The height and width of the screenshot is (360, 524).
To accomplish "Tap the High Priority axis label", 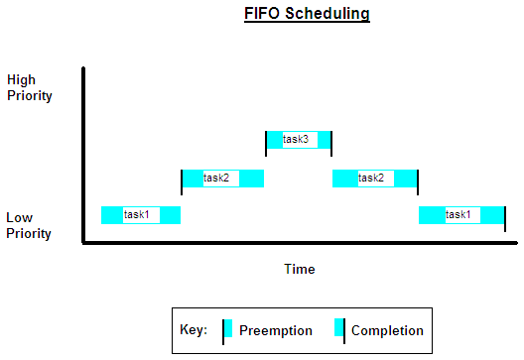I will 29,87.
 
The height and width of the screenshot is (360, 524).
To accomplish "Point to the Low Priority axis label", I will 29,226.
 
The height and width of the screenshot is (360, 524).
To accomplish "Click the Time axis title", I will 299,269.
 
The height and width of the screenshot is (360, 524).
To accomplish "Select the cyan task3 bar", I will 299,140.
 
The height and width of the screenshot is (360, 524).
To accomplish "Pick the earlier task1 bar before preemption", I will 141,214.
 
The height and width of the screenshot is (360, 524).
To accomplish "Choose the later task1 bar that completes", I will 461,214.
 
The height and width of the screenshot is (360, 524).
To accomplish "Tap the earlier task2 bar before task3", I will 223,179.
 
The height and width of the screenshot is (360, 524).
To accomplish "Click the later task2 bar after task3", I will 373,179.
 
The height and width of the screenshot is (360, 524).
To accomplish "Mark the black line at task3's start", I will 266,143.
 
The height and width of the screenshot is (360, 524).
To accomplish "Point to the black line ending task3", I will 331,143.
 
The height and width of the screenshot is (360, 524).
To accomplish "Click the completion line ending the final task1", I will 505,217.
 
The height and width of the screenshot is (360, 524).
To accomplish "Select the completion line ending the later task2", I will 418,181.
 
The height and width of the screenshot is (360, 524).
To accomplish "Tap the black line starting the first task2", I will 182,181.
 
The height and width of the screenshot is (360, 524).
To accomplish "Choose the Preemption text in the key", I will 276,330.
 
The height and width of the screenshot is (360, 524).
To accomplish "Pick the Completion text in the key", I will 387,330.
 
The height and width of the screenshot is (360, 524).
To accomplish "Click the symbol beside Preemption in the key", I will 227,330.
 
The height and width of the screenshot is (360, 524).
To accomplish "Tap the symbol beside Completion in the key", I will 340,330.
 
